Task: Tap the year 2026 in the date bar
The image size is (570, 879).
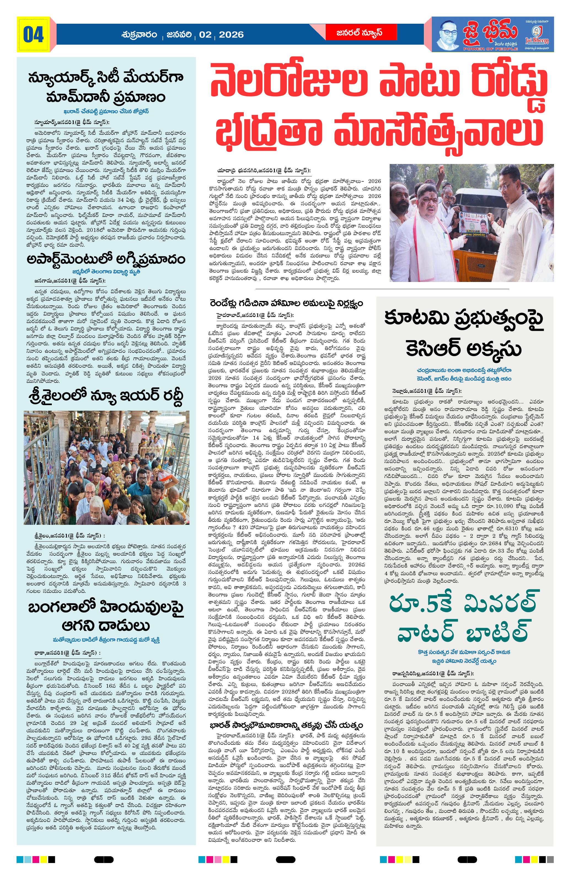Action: point(231,35)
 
